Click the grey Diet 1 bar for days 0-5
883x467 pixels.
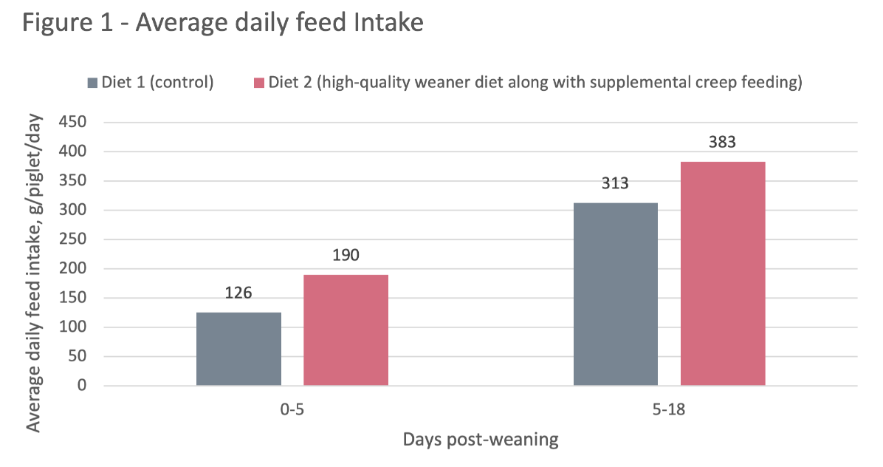[x=238, y=349]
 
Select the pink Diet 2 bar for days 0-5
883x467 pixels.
[x=346, y=330]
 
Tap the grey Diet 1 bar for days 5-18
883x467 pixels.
[x=615, y=294]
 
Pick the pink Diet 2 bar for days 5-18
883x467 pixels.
[x=723, y=273]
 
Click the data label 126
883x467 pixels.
[x=238, y=293]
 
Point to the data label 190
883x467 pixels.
[x=346, y=256]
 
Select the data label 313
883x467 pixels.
[x=615, y=183]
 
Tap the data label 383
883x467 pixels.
[x=722, y=142]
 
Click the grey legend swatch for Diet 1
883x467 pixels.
[x=92, y=82]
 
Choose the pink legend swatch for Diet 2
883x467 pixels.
[x=258, y=82]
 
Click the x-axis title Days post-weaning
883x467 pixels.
[x=480, y=440]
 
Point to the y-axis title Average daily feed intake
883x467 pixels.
[x=33, y=273]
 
